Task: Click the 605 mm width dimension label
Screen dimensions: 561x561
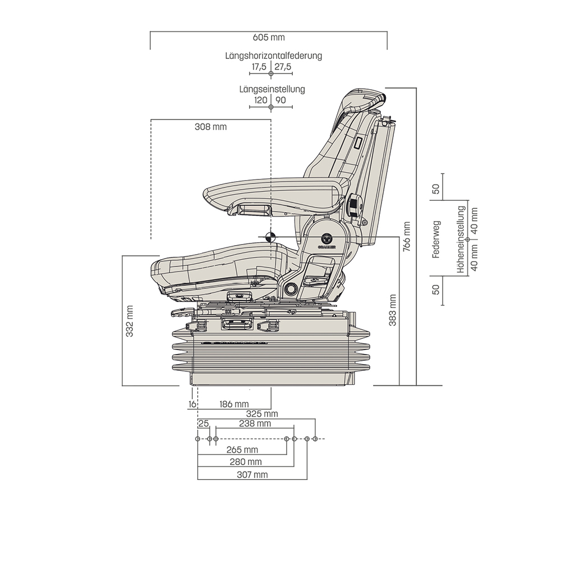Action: point(269,38)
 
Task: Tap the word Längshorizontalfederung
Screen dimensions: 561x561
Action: point(274,56)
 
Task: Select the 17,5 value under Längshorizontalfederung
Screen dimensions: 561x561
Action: point(259,67)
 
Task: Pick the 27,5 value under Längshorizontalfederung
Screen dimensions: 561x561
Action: point(283,67)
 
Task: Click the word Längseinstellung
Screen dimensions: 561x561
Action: point(272,89)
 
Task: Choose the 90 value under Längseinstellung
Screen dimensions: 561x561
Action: point(280,100)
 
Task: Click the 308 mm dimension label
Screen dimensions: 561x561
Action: point(210,127)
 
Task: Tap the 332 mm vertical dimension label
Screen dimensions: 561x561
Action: point(130,321)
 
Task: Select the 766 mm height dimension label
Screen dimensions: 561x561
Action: point(407,236)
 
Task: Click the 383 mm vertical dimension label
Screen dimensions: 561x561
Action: point(393,310)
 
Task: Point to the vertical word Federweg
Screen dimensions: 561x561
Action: point(436,240)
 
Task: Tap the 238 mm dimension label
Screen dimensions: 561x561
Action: point(255,424)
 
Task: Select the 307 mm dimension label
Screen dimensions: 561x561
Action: point(252,475)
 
